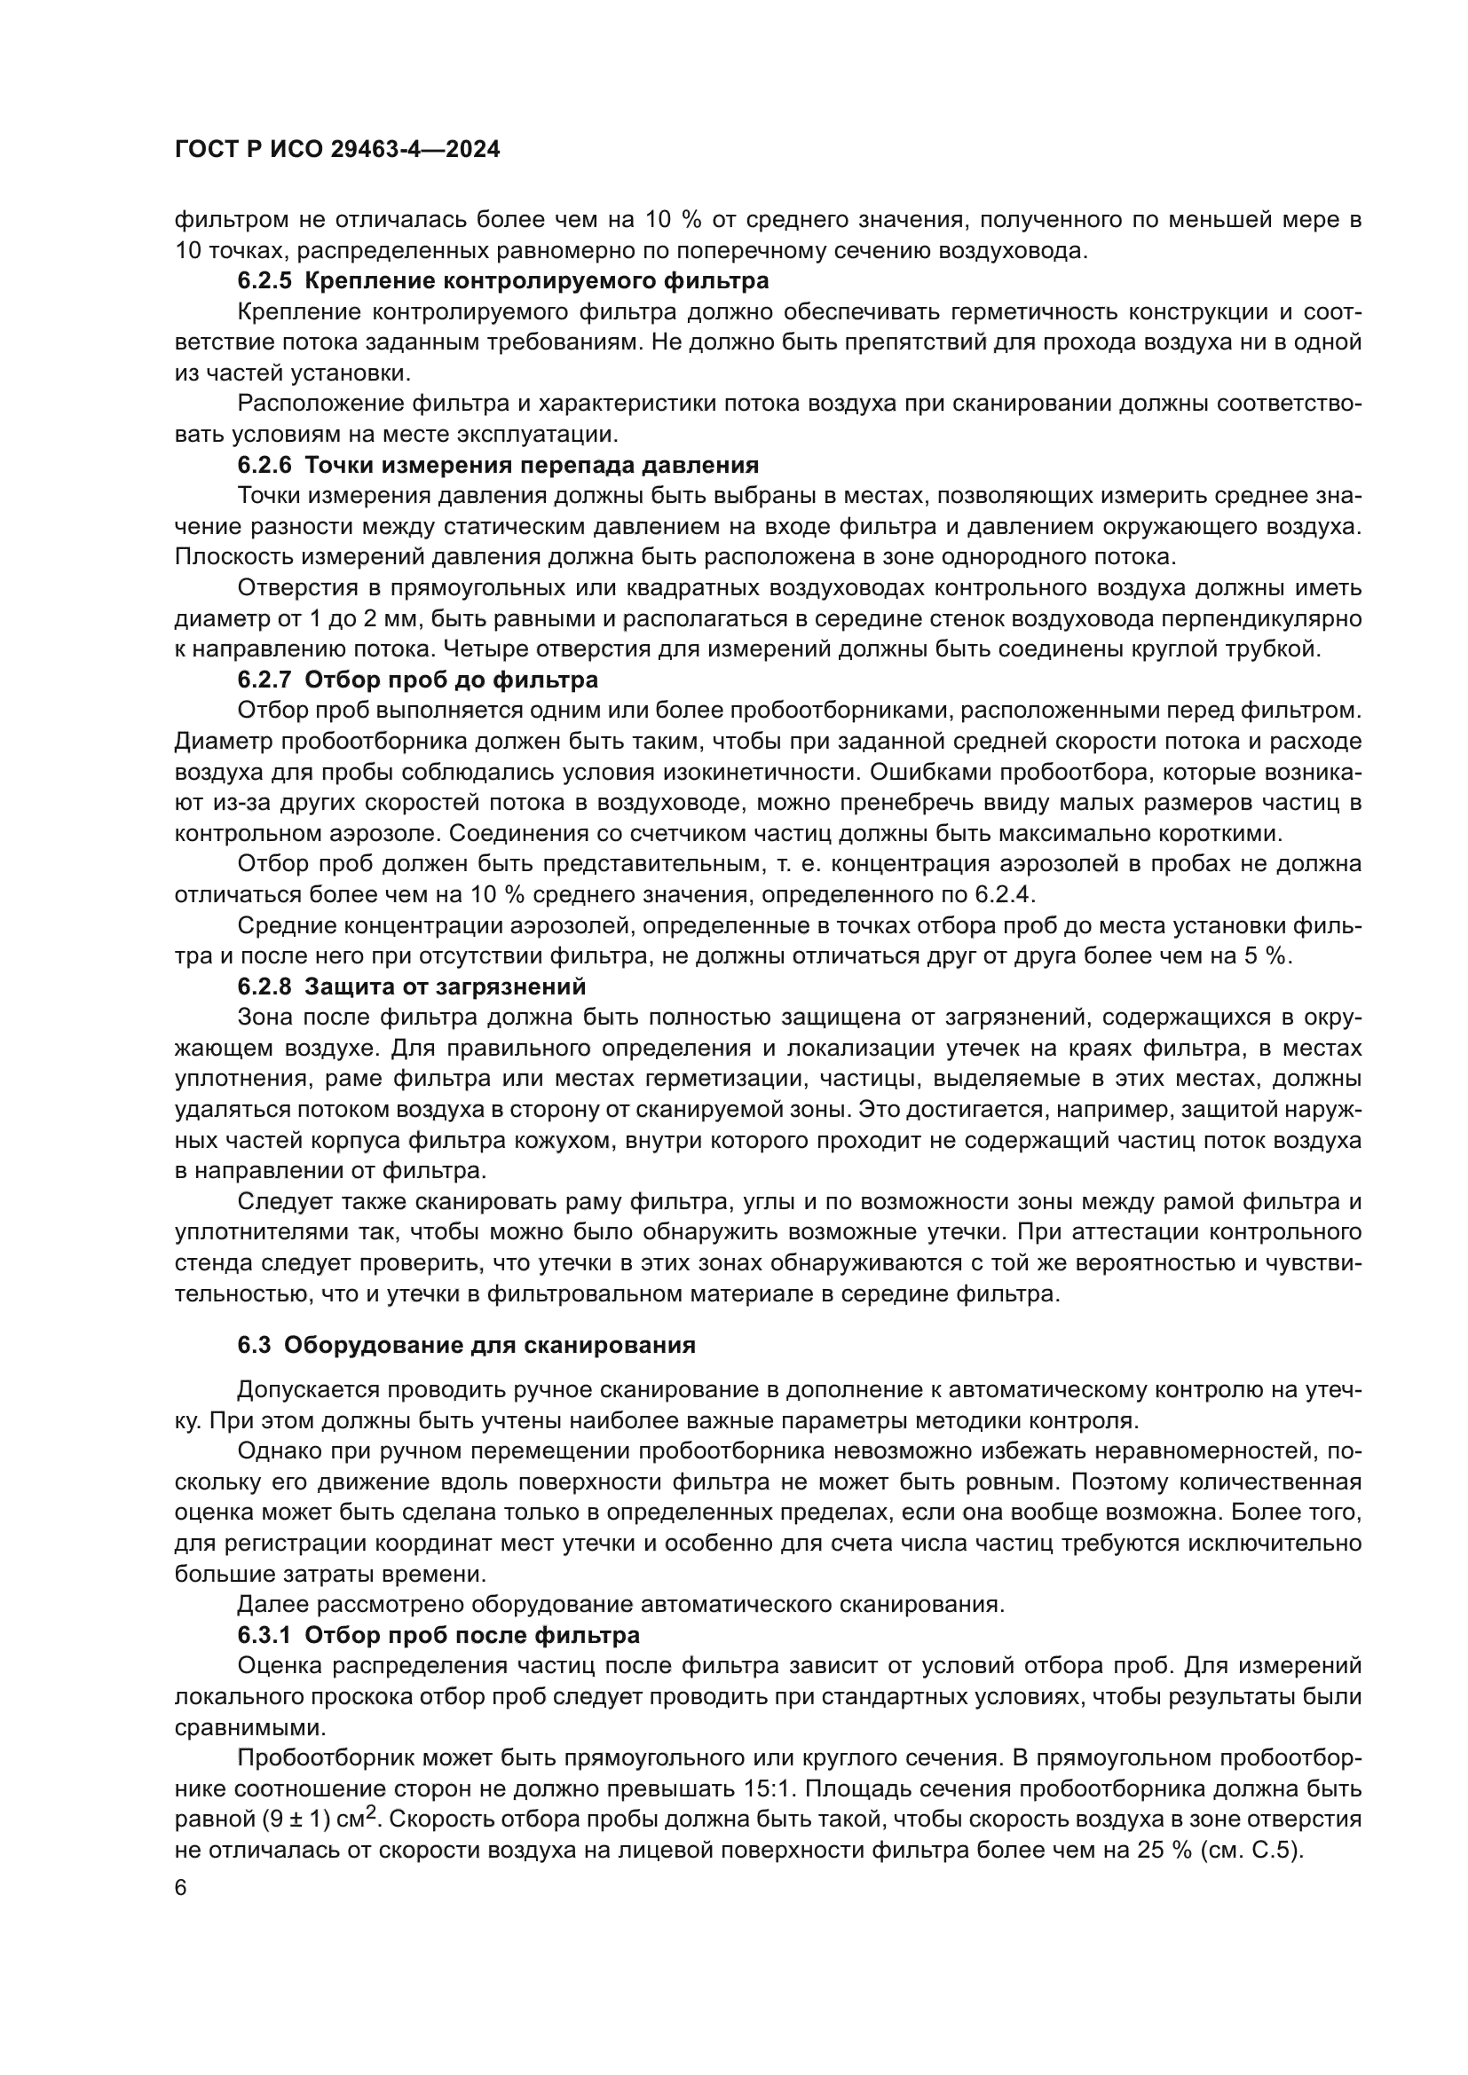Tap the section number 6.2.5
click(x=264, y=281)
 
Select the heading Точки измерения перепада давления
click(x=532, y=466)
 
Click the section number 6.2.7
click(x=264, y=680)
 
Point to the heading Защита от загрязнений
click(x=446, y=986)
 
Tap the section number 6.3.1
click(x=264, y=1635)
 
